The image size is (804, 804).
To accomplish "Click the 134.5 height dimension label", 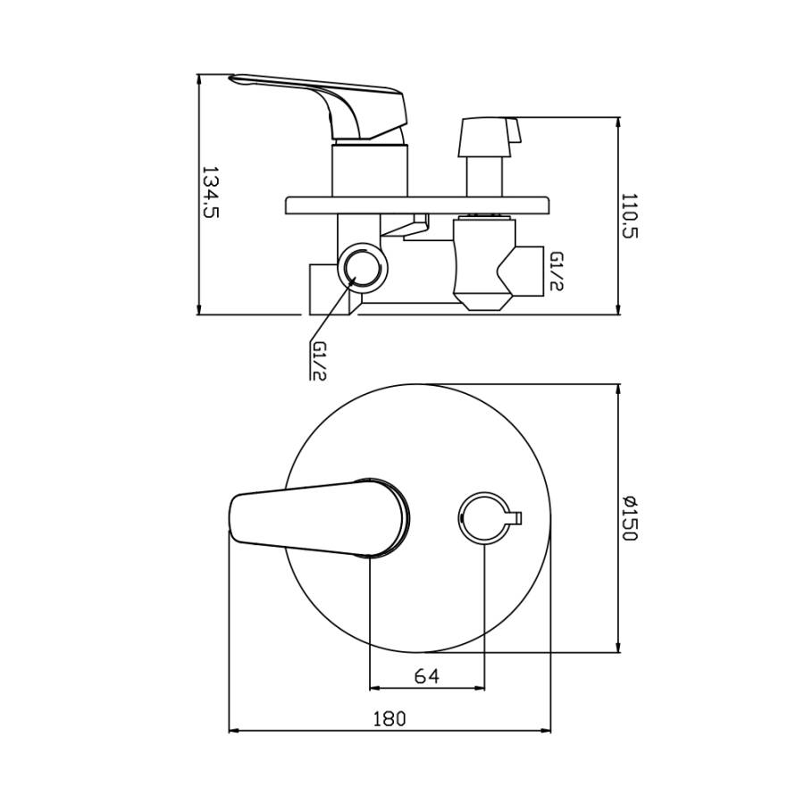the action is click(x=210, y=192).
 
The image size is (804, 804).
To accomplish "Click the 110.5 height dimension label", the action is click(x=629, y=216).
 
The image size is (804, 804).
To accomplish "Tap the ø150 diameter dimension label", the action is click(x=629, y=518).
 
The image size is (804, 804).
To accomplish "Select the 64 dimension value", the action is click(x=427, y=676).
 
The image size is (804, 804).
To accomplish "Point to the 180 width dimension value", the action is click(x=389, y=718).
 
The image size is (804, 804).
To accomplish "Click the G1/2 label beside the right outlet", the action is click(x=557, y=272).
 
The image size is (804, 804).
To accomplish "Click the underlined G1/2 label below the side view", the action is click(x=319, y=361).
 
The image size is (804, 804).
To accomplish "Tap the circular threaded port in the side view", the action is click(x=363, y=267).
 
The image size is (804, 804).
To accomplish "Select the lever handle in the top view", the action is click(x=319, y=518).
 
